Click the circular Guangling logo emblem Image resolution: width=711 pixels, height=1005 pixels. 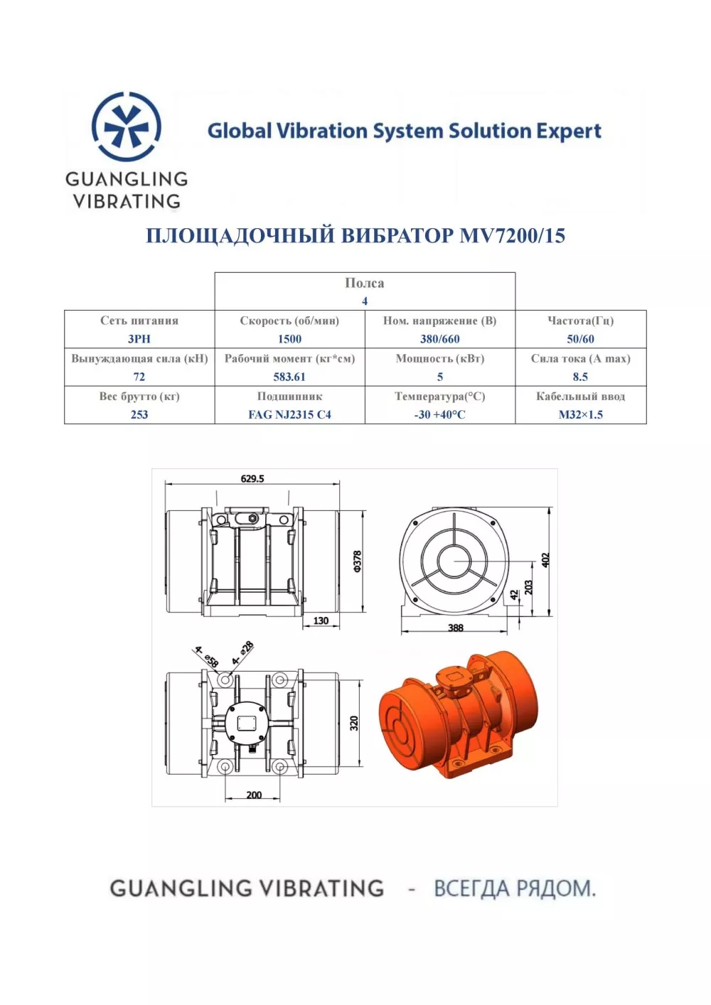pyautogui.click(x=127, y=127)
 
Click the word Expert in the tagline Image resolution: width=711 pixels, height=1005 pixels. pyautogui.click(x=569, y=131)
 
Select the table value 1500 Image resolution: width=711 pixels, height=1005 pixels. pyautogui.click(x=289, y=339)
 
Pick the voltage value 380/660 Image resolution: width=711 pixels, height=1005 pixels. pyautogui.click(x=440, y=339)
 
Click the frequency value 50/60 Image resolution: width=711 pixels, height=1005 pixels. pyautogui.click(x=580, y=339)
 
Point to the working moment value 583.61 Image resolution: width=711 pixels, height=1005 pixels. pyautogui.click(x=289, y=377)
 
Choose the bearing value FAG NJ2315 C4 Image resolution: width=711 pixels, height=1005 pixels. pyautogui.click(x=289, y=414)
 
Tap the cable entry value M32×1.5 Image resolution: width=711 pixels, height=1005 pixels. pyautogui.click(x=580, y=414)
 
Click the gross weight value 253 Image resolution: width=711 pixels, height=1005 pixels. pyautogui.click(x=139, y=414)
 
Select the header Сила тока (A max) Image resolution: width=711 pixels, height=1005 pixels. pyautogui.click(x=580, y=358)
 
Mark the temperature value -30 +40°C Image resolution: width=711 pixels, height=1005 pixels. pyautogui.click(x=440, y=414)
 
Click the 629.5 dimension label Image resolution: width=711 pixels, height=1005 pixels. pyautogui.click(x=252, y=479)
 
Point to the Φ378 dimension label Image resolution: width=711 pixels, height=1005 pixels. pyautogui.click(x=358, y=561)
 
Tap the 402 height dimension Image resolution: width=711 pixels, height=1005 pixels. pyautogui.click(x=545, y=559)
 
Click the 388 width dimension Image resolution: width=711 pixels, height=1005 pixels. pyautogui.click(x=456, y=628)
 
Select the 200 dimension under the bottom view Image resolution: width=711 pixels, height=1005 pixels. pyautogui.click(x=254, y=795)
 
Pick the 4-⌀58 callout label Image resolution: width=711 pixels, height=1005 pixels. pyautogui.click(x=206, y=657)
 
